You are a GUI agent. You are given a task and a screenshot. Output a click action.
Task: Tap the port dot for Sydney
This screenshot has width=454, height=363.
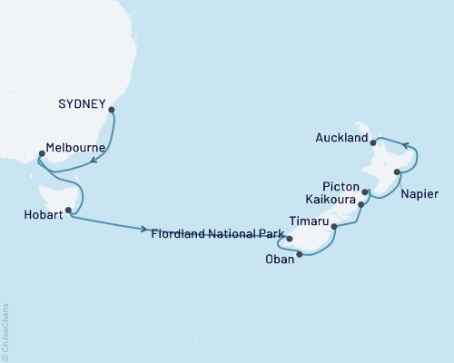pyautogui.click(x=112, y=111)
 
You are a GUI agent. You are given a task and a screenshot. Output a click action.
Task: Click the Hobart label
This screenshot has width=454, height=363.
pyautogui.click(x=37, y=216)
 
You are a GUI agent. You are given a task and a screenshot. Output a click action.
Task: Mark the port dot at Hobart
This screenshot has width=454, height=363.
pyautogui.click(x=69, y=210)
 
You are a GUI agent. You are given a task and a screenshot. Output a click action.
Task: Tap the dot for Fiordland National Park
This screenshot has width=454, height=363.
pyautogui.click(x=289, y=240)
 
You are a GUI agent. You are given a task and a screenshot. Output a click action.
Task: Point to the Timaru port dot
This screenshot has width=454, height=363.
pyautogui.click(x=334, y=226)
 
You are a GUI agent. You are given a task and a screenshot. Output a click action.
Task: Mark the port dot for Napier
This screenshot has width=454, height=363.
pyautogui.click(x=396, y=172)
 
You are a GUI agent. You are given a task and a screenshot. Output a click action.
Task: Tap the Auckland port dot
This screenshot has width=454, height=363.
pyautogui.click(x=374, y=142)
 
